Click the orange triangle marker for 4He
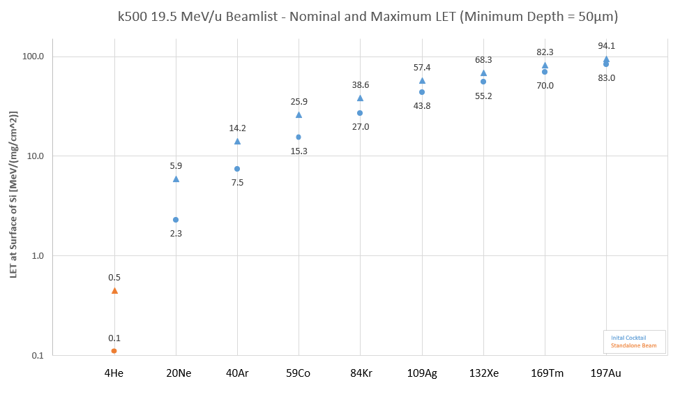click(114, 290)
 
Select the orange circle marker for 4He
click(114, 351)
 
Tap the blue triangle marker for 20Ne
click(176, 179)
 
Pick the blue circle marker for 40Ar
click(237, 169)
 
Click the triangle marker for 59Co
click(299, 114)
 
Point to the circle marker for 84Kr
click(360, 113)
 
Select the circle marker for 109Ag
click(422, 92)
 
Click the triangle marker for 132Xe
click(483, 73)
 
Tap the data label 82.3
click(545, 52)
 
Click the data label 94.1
click(606, 46)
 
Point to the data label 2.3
click(176, 233)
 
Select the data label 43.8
click(422, 105)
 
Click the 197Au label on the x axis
click(605, 373)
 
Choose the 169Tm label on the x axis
click(545, 373)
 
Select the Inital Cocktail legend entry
click(628, 338)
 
